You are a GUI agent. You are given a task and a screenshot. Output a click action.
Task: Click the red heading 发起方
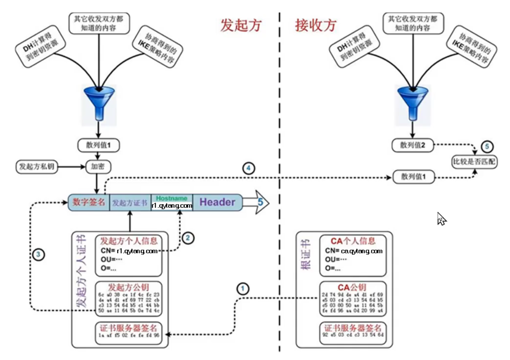[242, 25]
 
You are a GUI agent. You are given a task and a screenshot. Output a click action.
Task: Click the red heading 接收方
[316, 25]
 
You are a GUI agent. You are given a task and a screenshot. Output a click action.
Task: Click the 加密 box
[98, 167]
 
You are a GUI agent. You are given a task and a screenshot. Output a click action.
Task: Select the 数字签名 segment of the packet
[89, 202]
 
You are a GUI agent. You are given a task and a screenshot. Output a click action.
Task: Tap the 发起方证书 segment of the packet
[130, 202]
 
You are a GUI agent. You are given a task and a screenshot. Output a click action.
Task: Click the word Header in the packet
[217, 202]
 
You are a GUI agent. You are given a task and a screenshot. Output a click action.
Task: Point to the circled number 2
[188, 238]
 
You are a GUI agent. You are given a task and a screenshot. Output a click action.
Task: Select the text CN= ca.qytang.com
[353, 251]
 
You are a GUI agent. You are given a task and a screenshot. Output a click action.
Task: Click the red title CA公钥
[353, 287]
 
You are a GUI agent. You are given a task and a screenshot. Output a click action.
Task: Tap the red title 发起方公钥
[128, 287]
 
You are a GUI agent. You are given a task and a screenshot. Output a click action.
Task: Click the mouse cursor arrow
[441, 218]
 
